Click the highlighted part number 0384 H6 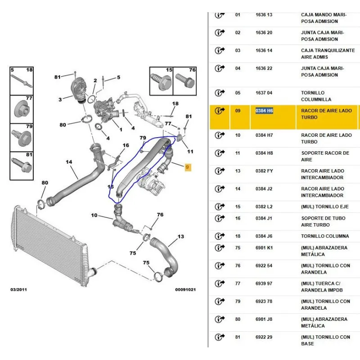[264, 110]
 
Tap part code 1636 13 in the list [264, 15]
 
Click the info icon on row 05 [220, 93]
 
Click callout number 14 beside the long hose [69, 162]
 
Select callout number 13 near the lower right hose [180, 237]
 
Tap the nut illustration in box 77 [22, 109]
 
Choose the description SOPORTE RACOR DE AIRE [325, 156]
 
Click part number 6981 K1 [264, 247]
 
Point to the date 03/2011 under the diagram [18, 289]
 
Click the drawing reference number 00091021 [185, 289]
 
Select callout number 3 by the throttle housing [60, 99]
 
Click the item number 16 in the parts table [238, 218]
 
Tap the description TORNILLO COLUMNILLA [316, 96]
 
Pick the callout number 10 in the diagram [94, 216]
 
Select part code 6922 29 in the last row [264, 337]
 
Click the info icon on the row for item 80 [220, 319]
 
